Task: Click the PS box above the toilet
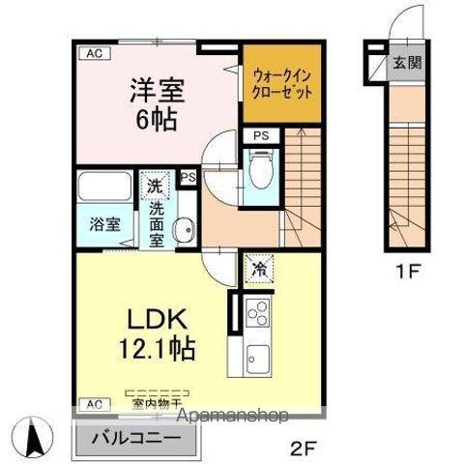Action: (x=261, y=137)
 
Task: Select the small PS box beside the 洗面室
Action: (x=188, y=178)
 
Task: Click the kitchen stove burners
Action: (x=258, y=315)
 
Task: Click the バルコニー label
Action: (x=134, y=436)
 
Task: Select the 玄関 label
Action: (x=406, y=64)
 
